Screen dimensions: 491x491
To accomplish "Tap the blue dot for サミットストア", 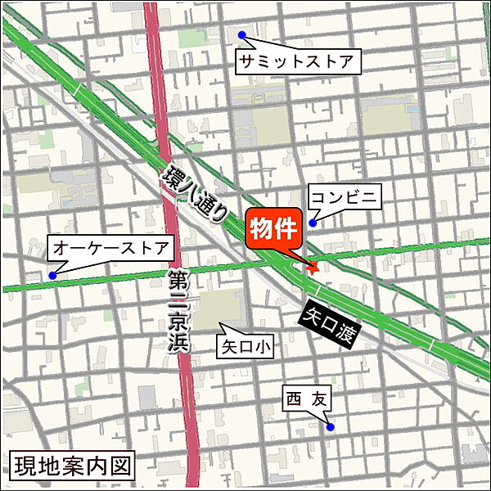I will (242, 35).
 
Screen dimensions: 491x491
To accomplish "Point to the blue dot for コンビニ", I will (313, 222).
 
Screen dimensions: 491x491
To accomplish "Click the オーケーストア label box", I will (110, 247).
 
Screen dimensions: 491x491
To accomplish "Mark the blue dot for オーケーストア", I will (53, 275).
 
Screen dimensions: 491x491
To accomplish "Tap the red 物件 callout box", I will (274, 229).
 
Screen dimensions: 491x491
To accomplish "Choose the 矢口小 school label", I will (245, 346).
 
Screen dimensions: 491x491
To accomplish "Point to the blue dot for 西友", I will (330, 426).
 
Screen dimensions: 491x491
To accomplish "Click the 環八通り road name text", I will (196, 194).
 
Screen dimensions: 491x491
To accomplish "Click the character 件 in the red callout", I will (286, 228).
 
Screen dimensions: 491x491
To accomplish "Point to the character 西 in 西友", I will (294, 399).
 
